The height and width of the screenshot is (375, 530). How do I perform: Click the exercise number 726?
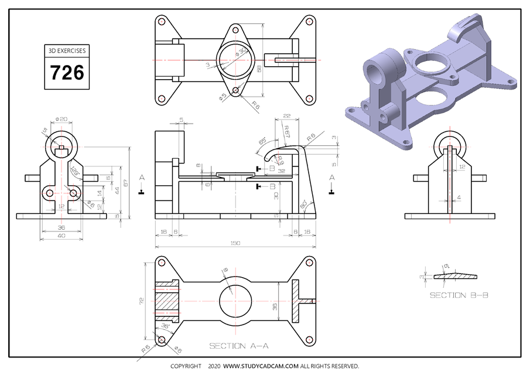[x=67, y=73]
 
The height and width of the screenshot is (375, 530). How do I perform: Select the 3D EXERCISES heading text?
[x=67, y=51]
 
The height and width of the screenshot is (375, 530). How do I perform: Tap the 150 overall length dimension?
[x=235, y=243]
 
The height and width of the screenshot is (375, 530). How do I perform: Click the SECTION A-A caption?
[x=238, y=346]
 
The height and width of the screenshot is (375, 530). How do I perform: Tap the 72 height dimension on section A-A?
[x=141, y=300]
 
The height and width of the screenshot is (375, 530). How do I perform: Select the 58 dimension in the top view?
[x=259, y=69]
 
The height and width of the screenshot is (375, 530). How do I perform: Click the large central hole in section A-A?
[x=235, y=301]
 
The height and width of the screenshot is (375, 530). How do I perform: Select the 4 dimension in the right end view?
[x=459, y=198]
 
